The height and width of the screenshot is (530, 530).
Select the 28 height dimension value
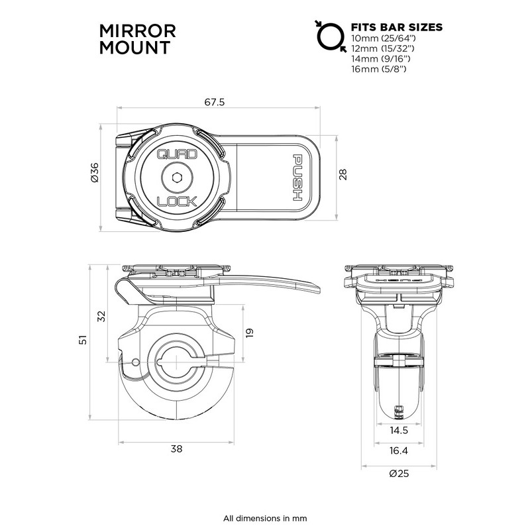(x=343, y=174)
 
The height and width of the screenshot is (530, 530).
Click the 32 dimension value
(x=101, y=315)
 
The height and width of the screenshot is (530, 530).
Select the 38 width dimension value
(x=176, y=449)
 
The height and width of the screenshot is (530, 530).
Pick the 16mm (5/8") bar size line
(x=380, y=68)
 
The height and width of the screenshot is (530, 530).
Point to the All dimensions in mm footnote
(x=264, y=517)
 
